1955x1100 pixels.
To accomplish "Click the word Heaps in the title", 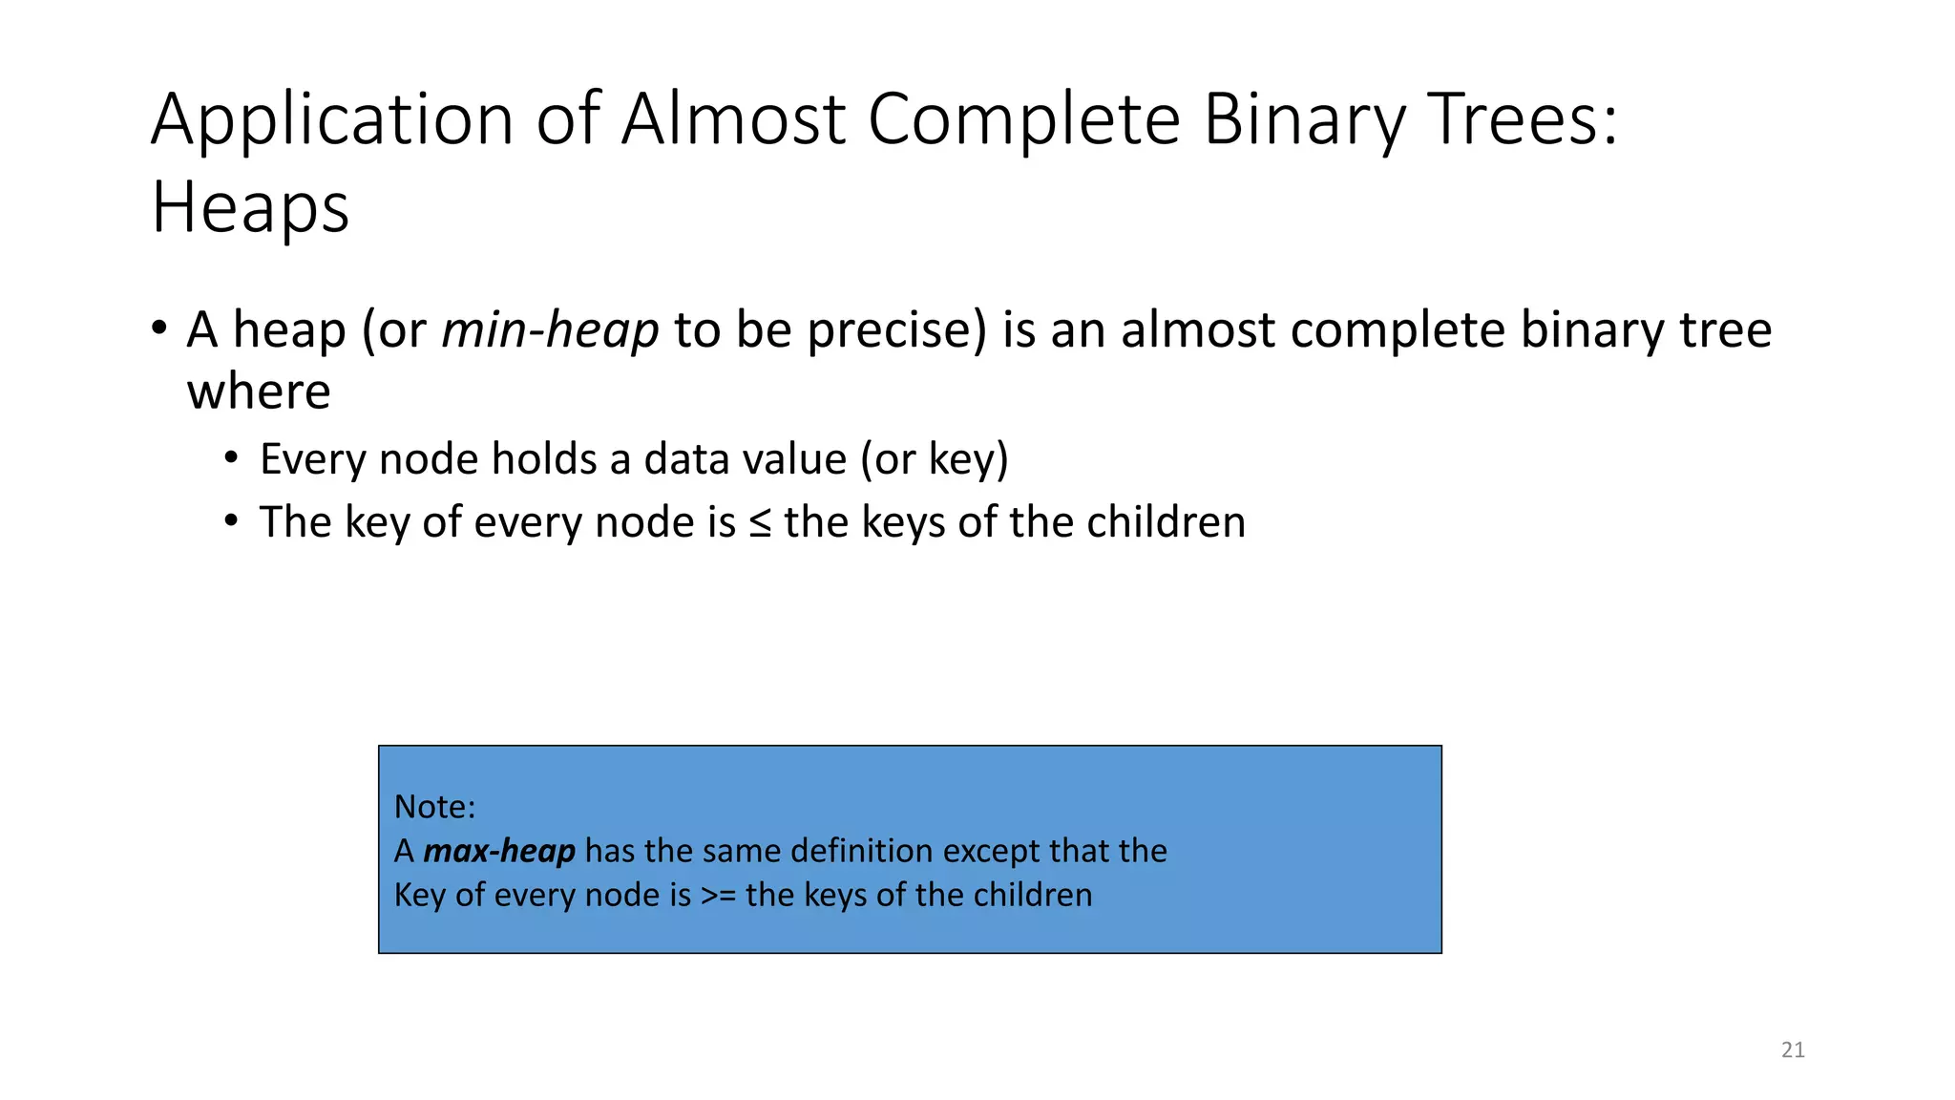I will (250, 208).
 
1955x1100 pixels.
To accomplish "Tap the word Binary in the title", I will (1304, 120).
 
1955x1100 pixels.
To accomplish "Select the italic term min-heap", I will (550, 330).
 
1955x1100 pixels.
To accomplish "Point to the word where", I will (259, 392).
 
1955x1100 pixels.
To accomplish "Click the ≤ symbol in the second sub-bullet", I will (760, 523).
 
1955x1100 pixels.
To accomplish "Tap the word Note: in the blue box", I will (434, 807).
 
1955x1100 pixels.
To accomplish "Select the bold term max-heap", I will (498, 851).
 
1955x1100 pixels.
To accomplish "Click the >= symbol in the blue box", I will (718, 896).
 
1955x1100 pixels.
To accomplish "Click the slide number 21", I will (1793, 1050).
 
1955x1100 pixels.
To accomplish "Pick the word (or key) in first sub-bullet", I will (934, 460).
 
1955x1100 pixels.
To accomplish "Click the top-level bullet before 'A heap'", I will (159, 328).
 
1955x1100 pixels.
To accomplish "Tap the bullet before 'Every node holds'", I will (231, 458).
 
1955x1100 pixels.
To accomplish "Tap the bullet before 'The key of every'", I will (231, 521).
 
